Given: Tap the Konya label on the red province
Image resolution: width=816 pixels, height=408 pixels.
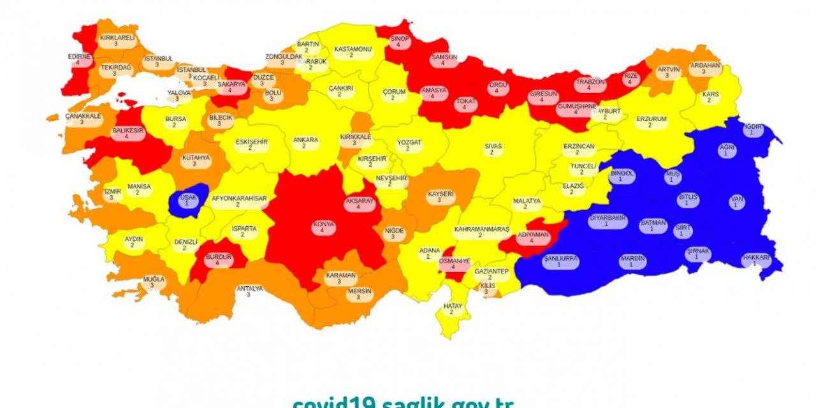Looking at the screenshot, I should [x=323, y=228].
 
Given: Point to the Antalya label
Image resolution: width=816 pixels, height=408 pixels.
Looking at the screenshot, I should [x=249, y=292].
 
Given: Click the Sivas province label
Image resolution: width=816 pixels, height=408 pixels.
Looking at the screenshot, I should [x=493, y=149].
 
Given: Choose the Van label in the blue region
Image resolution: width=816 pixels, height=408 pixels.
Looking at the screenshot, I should [x=737, y=202].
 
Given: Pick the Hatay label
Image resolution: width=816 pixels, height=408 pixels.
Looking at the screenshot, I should [x=452, y=309].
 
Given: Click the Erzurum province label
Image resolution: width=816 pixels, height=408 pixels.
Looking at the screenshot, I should [x=650, y=122].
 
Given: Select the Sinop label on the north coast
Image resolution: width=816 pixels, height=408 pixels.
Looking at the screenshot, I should [x=399, y=42].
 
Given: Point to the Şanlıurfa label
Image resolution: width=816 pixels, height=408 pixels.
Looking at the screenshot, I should [x=560, y=261].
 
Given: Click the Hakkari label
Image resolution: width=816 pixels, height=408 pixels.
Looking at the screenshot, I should [x=755, y=261].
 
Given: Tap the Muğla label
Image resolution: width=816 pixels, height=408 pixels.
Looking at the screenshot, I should [x=153, y=282].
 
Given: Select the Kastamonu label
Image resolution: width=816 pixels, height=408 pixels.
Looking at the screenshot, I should [x=352, y=52].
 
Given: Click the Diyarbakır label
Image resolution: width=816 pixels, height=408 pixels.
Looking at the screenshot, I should [x=608, y=221].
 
